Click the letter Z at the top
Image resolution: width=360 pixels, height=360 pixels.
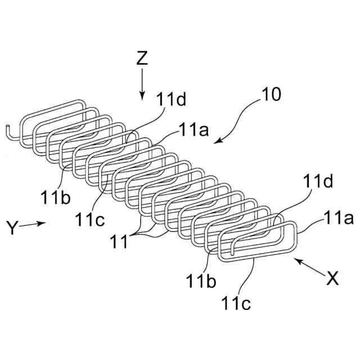click(142, 59)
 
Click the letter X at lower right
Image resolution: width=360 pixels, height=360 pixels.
click(332, 277)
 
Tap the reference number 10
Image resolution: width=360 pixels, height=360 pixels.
click(272, 94)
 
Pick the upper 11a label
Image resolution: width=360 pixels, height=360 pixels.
click(193, 130)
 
